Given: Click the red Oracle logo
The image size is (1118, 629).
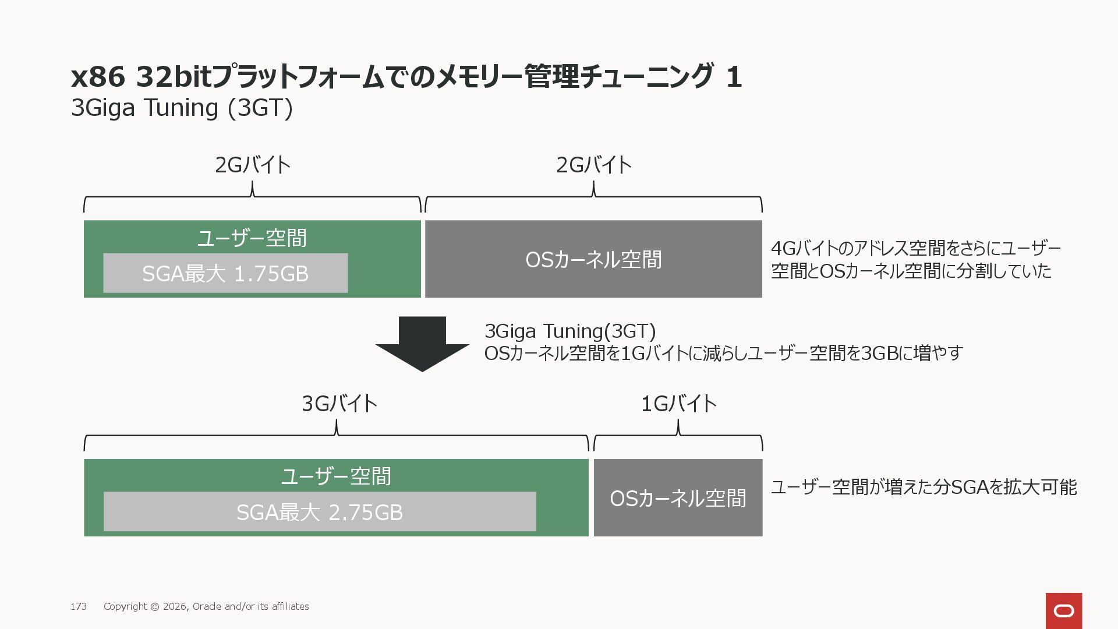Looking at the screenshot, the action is tap(1063, 610).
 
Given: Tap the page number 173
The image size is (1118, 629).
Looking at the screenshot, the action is tap(79, 606).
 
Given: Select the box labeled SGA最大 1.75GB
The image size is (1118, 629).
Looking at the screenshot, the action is tap(225, 273).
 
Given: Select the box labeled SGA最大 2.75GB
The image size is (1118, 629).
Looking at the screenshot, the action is tap(319, 512).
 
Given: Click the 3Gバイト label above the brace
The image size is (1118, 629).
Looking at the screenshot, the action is tap(339, 404).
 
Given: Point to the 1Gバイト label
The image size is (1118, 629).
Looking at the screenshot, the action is tap(678, 404).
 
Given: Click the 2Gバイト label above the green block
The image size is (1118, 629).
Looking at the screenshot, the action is tap(253, 165).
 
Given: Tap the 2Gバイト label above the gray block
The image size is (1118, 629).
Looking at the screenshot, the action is tap(593, 165).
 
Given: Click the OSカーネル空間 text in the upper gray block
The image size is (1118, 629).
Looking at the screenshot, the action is tap(593, 260).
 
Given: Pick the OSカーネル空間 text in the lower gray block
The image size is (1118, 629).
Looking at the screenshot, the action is tap(678, 499).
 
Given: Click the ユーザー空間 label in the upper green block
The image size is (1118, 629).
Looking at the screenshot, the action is tap(252, 238).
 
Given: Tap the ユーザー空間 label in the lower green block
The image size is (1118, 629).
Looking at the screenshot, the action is tap(336, 476).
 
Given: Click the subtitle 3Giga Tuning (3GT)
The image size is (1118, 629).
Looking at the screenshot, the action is tap(182, 108).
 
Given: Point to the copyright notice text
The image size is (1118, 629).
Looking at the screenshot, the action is tap(206, 606).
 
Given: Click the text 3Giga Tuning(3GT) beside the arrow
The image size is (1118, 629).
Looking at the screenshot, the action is tap(570, 331).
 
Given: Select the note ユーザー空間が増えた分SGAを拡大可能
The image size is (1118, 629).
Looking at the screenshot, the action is tap(924, 487).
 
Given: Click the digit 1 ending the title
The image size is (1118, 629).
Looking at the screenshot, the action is tap(734, 77).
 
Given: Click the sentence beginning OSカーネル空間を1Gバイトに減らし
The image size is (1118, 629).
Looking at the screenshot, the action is tap(723, 353).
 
